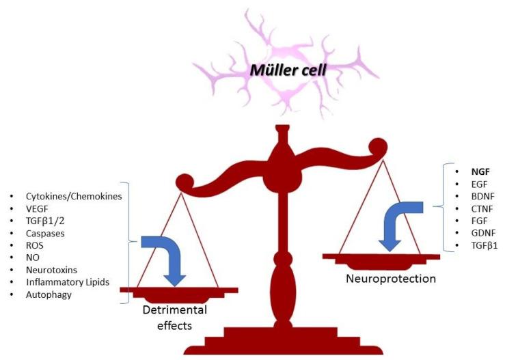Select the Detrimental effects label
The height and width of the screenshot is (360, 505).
(x=174, y=318)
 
